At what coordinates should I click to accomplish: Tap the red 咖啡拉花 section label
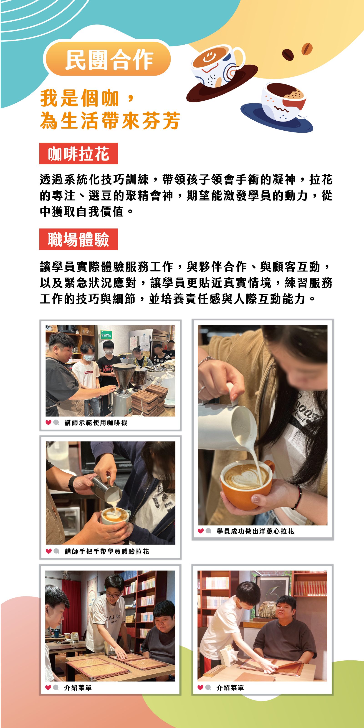click(78, 153)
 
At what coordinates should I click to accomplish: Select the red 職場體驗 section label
click(78, 239)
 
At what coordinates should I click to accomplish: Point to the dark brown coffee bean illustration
click(288, 54)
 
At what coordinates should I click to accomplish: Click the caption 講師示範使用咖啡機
click(96, 423)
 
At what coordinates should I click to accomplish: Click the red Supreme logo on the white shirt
click(88, 372)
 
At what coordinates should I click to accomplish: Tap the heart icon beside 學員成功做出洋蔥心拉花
click(201, 531)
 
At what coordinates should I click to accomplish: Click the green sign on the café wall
click(106, 335)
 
